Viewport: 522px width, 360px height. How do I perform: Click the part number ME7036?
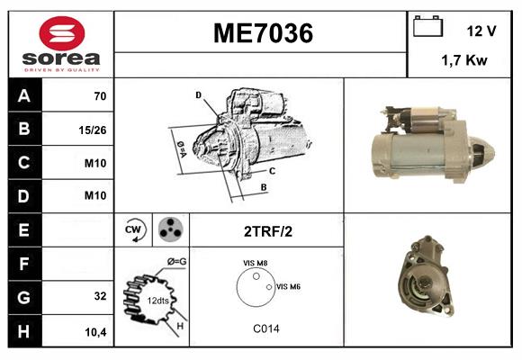click(262, 34)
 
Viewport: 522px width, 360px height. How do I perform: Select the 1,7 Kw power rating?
click(465, 61)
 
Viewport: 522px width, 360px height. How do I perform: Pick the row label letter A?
click(23, 94)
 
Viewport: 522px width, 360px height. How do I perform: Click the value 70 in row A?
click(99, 94)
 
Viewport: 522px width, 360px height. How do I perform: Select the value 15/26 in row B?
click(94, 129)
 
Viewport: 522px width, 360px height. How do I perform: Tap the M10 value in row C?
click(94, 163)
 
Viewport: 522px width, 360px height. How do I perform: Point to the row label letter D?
click(23, 195)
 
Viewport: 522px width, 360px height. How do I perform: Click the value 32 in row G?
click(99, 295)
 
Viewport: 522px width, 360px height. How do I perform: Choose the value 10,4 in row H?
click(95, 330)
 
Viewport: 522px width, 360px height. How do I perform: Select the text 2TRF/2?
click(266, 230)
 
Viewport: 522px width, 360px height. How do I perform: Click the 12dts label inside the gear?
click(156, 300)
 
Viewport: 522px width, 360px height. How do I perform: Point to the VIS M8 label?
click(256, 263)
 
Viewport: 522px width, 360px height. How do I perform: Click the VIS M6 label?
click(289, 286)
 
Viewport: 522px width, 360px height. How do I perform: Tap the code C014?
click(265, 328)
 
